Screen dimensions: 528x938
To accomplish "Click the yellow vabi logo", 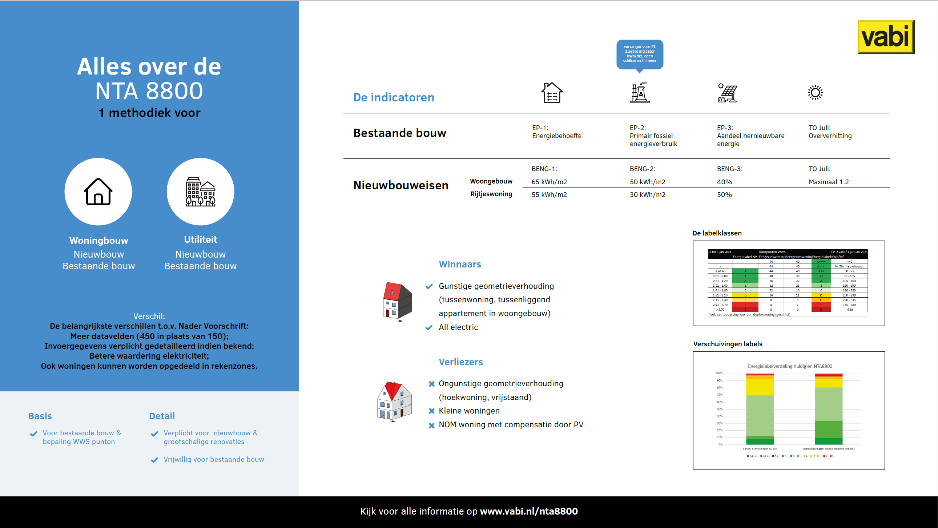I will click(x=886, y=37).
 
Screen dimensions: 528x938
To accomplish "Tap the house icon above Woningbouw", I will click(x=98, y=192).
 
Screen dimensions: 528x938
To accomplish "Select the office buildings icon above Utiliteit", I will click(x=200, y=192).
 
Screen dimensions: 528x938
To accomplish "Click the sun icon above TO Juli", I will click(x=815, y=93).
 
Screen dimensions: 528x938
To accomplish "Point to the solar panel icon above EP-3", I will click(x=727, y=93).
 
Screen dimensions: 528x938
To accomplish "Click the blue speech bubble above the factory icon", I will click(x=639, y=54).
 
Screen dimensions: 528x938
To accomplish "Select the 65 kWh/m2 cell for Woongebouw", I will click(x=549, y=182).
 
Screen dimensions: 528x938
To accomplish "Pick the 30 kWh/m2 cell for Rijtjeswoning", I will click(x=647, y=194).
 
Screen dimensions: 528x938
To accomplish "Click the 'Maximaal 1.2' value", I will click(x=828, y=182).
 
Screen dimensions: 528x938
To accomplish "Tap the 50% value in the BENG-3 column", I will click(x=724, y=194).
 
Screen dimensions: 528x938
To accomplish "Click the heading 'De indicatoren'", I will click(x=394, y=97).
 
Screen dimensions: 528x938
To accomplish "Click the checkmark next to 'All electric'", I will click(x=429, y=327).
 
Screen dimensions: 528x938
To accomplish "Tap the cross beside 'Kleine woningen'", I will click(x=431, y=411).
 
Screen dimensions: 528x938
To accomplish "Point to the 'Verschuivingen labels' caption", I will click(x=728, y=344).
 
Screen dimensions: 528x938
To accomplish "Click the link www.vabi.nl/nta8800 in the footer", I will click(x=529, y=511).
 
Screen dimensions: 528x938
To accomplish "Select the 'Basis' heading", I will click(x=40, y=416).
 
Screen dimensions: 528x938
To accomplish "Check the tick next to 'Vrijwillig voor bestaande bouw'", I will click(x=154, y=460).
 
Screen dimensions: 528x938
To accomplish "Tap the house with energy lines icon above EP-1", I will click(x=552, y=93).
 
